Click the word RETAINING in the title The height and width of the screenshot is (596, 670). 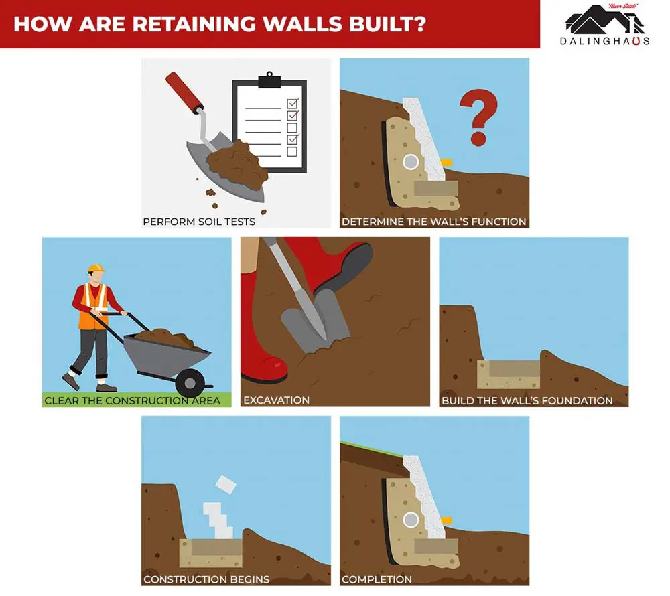(194, 24)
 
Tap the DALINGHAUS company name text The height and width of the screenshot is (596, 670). (604, 41)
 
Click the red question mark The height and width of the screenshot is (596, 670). (478, 117)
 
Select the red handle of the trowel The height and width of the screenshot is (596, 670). (184, 91)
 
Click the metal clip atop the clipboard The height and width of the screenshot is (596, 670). (269, 80)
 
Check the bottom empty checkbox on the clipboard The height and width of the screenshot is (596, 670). (292, 151)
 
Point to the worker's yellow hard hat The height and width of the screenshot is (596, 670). (96, 268)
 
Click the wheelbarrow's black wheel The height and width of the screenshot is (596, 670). (190, 383)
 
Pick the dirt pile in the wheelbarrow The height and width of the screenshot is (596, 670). (167, 338)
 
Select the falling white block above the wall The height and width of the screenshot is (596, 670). (226, 484)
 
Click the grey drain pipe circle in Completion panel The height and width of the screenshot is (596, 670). (411, 520)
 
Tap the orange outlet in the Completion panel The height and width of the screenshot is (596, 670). (446, 520)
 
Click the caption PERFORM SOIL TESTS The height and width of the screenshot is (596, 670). (199, 222)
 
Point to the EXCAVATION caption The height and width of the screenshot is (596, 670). (276, 400)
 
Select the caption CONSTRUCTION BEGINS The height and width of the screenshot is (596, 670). (206, 579)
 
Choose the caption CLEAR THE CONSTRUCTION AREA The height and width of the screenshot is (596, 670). (133, 400)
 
